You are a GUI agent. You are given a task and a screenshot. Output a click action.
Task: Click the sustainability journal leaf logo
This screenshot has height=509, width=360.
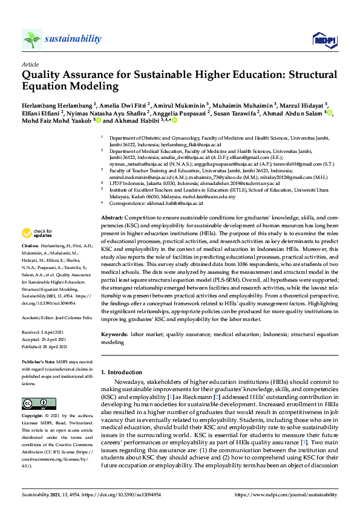click(x=32, y=39)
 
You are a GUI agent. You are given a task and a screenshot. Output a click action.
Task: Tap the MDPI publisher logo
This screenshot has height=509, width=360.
click(x=324, y=40)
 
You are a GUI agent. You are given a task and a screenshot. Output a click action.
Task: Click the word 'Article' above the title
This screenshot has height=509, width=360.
click(x=30, y=63)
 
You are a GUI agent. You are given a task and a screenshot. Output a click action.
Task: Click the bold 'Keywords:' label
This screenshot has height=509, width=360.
click(x=114, y=334)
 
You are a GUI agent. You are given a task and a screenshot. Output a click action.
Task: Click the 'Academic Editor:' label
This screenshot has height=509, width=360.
click(x=38, y=317)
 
